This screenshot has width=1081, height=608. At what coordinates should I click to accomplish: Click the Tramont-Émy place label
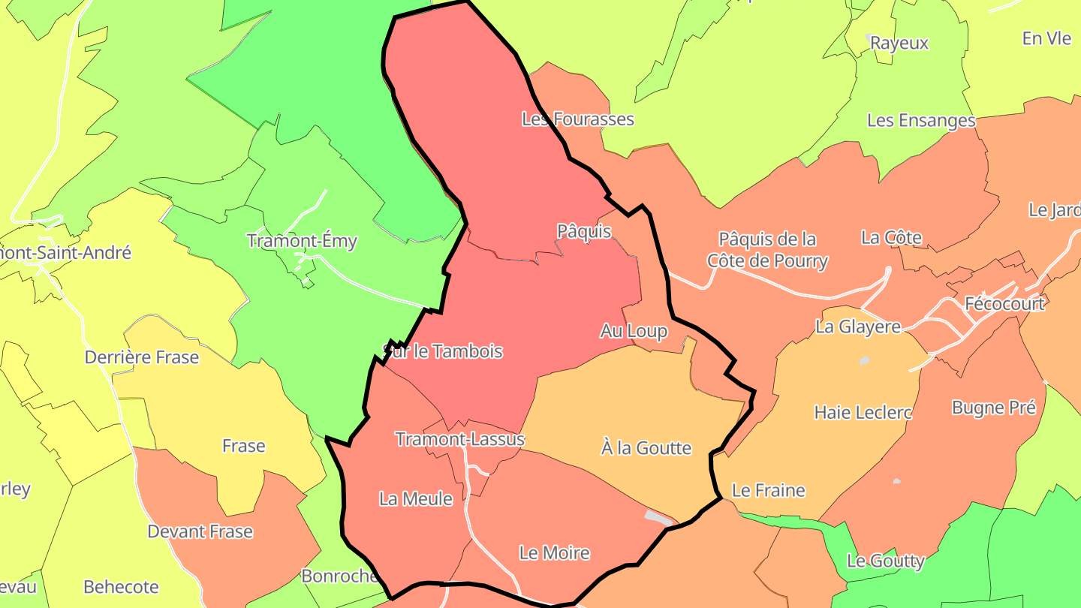(302, 242)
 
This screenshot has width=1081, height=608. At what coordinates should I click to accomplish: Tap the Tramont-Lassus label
(459, 439)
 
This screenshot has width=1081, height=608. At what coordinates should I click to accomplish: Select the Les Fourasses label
(577, 119)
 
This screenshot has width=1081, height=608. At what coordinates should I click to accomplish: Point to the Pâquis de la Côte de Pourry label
(767, 250)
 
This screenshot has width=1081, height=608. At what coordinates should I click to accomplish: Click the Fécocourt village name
(1004, 304)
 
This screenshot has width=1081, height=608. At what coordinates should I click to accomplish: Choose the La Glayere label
(858, 327)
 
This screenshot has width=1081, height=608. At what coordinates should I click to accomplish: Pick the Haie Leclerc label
(863, 412)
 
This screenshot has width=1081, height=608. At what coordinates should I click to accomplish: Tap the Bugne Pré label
(993, 408)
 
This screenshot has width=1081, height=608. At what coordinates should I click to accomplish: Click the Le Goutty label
(885, 561)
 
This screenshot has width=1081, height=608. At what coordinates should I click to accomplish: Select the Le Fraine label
(768, 491)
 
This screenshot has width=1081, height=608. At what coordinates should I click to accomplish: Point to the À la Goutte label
(646, 448)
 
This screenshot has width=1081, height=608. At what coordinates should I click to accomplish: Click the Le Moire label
(554, 553)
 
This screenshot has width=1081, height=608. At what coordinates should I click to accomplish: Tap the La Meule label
(416, 499)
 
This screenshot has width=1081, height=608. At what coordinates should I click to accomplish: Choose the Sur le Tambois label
(442, 351)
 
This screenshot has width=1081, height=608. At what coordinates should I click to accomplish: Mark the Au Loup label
(634, 331)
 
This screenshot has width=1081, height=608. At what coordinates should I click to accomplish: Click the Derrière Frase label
(142, 357)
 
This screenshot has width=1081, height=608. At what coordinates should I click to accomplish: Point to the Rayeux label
(899, 44)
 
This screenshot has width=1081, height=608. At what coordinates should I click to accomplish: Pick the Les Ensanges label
(921, 120)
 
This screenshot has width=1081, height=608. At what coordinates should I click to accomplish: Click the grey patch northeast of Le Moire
(658, 517)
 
